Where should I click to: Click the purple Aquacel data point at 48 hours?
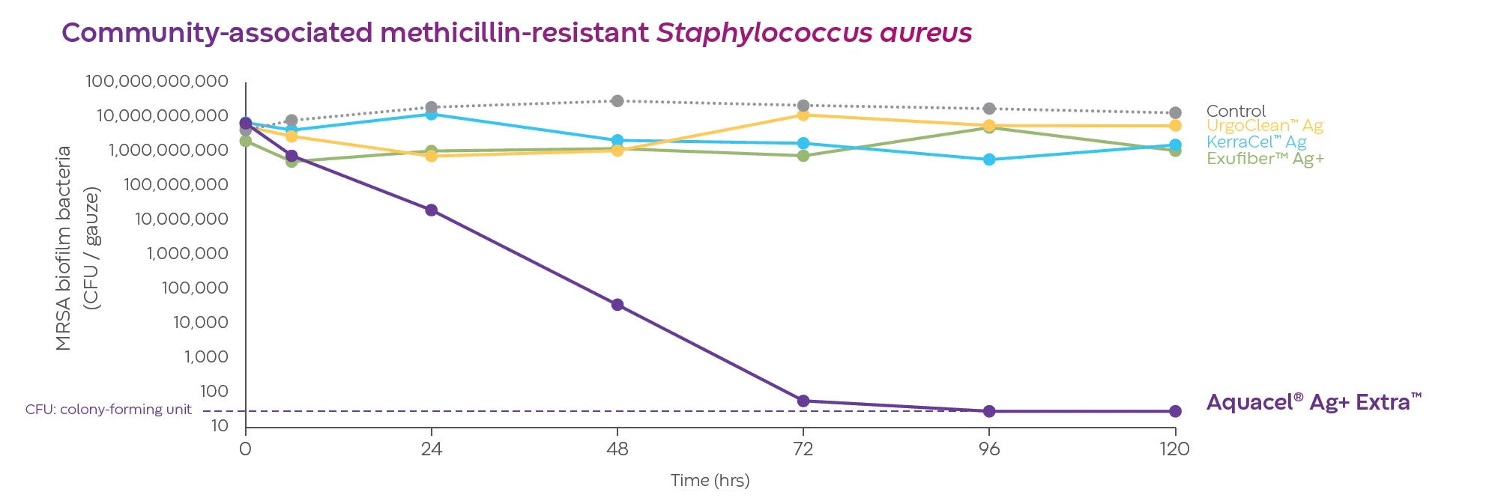click(617, 305)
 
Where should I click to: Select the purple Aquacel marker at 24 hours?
click(432, 210)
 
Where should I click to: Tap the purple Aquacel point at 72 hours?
click(803, 401)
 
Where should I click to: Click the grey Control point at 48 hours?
click(617, 101)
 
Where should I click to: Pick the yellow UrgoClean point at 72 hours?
click(803, 115)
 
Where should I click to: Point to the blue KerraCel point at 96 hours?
click(989, 160)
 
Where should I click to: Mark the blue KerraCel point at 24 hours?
click(432, 114)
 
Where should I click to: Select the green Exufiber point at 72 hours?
click(803, 156)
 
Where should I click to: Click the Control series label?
click(1236, 112)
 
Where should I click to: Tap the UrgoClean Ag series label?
click(1264, 126)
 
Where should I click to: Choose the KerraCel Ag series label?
click(1256, 142)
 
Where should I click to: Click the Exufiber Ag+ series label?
click(1265, 159)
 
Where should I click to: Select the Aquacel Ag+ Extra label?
click(1313, 403)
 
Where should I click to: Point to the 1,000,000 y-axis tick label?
click(187, 254)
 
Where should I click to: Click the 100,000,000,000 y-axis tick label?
click(157, 82)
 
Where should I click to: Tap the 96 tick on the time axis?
click(989, 449)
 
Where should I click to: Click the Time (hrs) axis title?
click(710, 481)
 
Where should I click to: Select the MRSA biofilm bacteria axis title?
click(64, 248)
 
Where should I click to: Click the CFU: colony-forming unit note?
click(109, 410)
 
